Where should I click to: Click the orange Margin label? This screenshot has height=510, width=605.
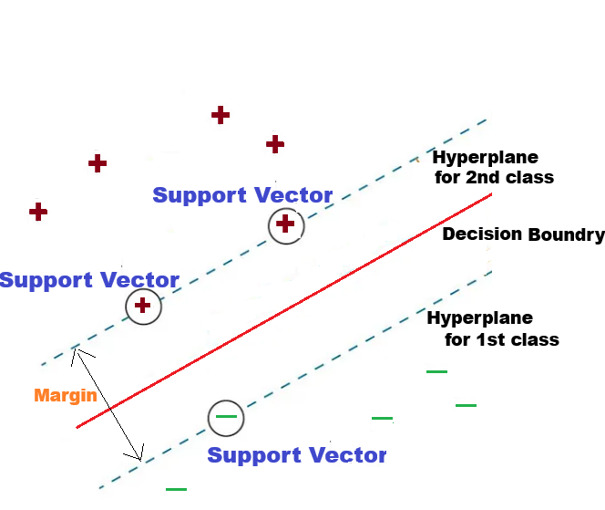click(65, 396)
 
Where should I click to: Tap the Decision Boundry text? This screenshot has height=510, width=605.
click(523, 234)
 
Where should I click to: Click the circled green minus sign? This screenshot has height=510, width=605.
click(226, 417)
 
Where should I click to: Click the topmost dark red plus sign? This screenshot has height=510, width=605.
click(220, 115)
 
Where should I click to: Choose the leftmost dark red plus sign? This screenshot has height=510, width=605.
click(38, 212)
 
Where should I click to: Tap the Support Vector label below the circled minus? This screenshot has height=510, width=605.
click(297, 455)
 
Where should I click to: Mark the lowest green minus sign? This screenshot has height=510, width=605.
click(176, 489)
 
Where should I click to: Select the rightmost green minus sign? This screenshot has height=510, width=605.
click(466, 404)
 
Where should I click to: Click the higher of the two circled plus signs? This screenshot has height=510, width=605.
click(285, 224)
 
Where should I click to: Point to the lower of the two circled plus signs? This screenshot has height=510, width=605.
click(142, 306)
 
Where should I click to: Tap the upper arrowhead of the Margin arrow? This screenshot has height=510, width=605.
click(78, 349)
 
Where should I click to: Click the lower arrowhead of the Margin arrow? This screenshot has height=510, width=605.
click(140, 456)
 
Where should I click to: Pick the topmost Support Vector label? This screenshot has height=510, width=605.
click(242, 195)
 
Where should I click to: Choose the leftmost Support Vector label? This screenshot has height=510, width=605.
click(89, 279)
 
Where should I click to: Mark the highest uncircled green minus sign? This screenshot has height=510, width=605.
click(436, 371)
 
